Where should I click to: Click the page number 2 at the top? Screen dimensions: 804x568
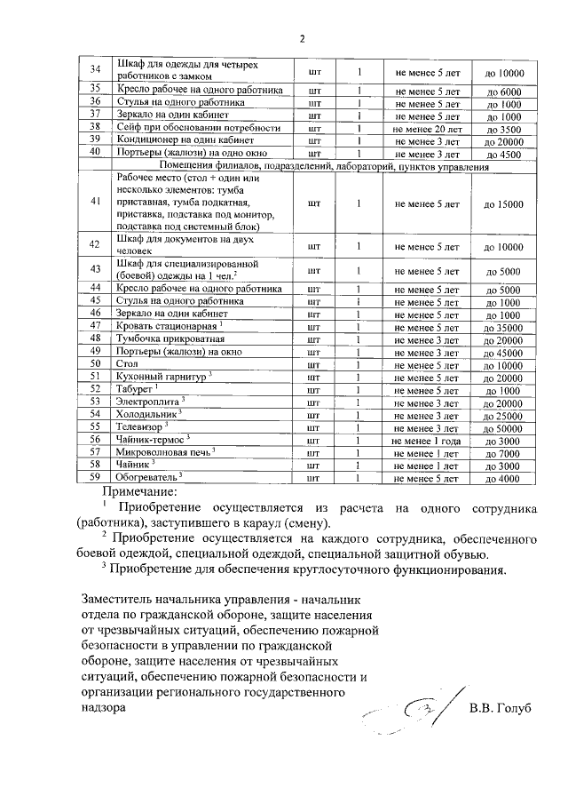pos(301,38)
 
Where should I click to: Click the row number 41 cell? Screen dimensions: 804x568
pos(96,203)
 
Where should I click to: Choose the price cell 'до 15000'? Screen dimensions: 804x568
pos(503,203)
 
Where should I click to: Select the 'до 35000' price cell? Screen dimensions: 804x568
pos(503,328)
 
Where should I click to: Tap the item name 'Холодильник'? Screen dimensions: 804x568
pos(147,414)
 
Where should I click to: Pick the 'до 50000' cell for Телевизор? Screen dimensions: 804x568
pos(503,427)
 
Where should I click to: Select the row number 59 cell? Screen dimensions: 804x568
pos(96,477)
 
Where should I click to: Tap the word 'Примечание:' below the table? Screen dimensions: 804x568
pos(140,490)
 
